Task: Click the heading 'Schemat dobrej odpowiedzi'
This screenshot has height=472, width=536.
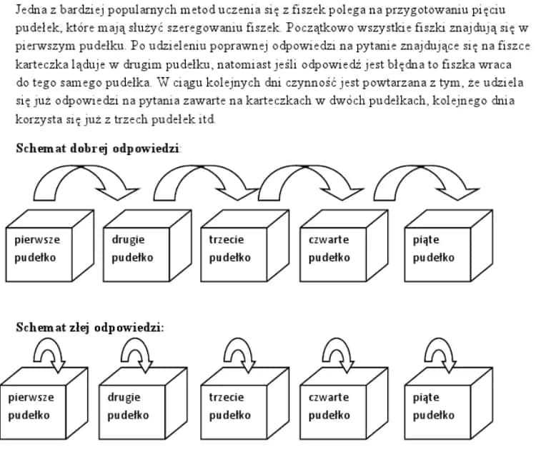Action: (98, 149)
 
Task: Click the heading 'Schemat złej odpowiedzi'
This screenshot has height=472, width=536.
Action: (90, 328)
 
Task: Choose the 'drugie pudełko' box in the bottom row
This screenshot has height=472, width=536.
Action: (133, 406)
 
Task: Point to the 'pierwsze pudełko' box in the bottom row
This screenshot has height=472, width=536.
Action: (33, 406)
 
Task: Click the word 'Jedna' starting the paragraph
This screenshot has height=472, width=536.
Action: (29, 11)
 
